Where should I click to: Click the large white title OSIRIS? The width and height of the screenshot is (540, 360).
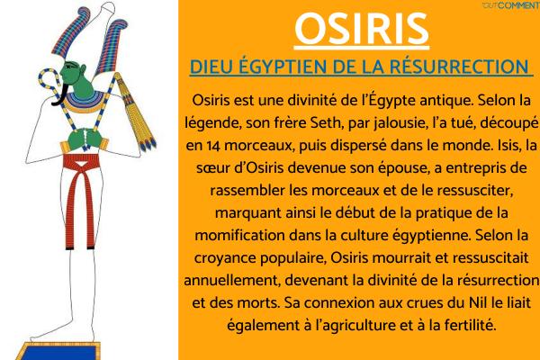362,30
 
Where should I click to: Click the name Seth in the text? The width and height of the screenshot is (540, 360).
325,122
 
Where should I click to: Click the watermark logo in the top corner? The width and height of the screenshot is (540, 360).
511,5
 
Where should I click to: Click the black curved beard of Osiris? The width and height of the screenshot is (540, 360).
60,94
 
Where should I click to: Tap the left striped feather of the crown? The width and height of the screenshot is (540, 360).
70,31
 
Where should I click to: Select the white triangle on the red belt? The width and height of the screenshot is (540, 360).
80,164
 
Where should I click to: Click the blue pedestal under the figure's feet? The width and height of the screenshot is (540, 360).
58,352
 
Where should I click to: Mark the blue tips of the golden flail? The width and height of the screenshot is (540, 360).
148,145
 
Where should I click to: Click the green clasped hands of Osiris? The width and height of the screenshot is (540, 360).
85,139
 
